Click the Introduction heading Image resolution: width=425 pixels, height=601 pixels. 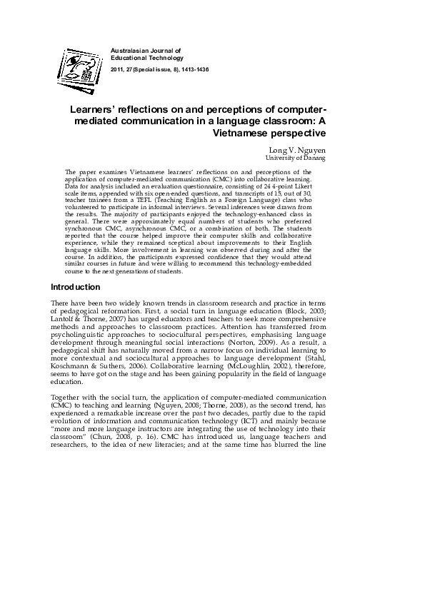click(x=75, y=287)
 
